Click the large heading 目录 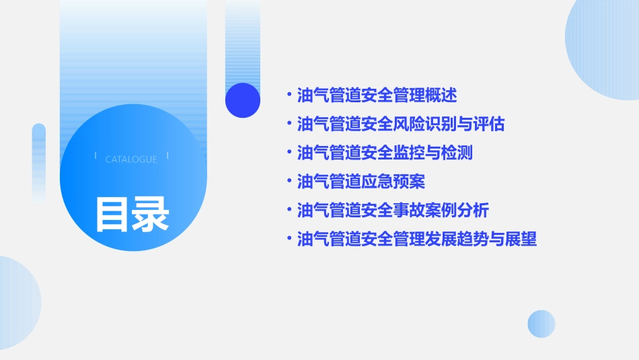pyautogui.click(x=132, y=214)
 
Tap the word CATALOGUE pyautogui.click(x=131, y=159)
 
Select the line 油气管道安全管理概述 pyautogui.click(x=377, y=96)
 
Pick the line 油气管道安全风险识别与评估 pyautogui.click(x=401, y=124)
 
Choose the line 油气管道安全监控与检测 pyautogui.click(x=385, y=153)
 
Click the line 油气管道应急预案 pyautogui.click(x=361, y=182)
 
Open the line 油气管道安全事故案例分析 pyautogui.click(x=393, y=211)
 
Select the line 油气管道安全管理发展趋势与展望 pyautogui.click(x=417, y=240)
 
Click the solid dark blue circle pyautogui.click(x=243, y=100)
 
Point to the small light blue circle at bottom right pyautogui.click(x=541, y=324)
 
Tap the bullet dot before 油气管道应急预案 pyautogui.click(x=289, y=182)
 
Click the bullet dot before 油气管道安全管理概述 pyautogui.click(x=289, y=96)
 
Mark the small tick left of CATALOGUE pyautogui.click(x=96, y=155)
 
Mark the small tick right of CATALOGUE pyautogui.click(x=167, y=155)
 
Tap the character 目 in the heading pyautogui.click(x=112, y=214)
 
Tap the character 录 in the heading pyautogui.click(x=151, y=214)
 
